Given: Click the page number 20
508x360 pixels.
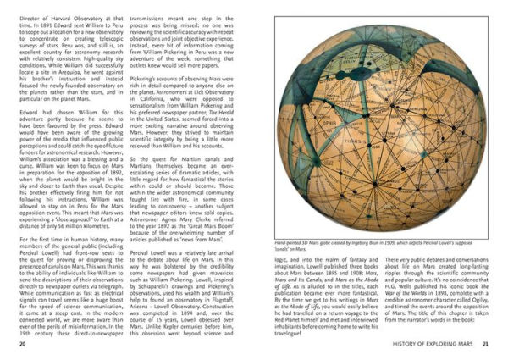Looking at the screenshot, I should coord(21,345).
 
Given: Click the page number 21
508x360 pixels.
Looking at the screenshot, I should coord(486,345).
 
